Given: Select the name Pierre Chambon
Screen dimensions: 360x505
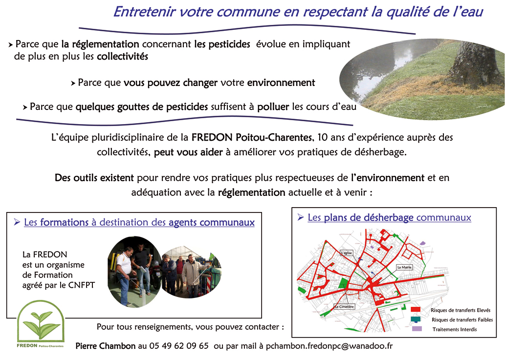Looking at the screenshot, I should (x=105, y=346).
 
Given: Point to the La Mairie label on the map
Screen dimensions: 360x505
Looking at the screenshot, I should (x=405, y=267).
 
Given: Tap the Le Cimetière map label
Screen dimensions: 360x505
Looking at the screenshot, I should (x=344, y=307).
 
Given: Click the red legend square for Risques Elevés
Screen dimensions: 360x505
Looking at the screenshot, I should (x=416, y=310).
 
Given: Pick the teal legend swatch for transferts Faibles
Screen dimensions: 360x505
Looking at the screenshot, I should (x=416, y=319).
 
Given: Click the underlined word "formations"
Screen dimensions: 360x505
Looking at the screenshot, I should (x=64, y=223).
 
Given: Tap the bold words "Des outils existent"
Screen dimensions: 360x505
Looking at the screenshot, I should (x=95, y=177).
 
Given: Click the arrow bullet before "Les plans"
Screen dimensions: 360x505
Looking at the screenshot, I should (x=301, y=217).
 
